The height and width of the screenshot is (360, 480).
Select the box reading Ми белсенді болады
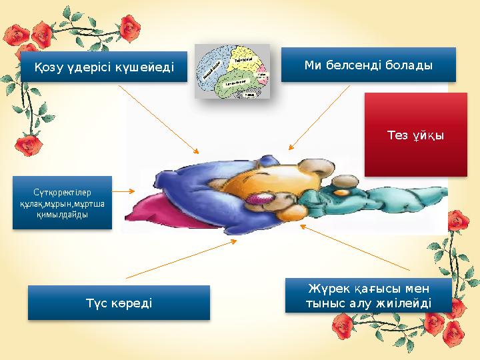pyautogui.click(x=368, y=65)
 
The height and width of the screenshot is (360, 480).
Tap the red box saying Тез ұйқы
pyautogui.click(x=415, y=135)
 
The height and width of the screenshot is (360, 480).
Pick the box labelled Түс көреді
pyautogui.click(x=119, y=303)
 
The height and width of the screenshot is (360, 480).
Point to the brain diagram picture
pyautogui.click(x=232, y=71)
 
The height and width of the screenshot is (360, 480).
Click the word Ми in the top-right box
pyautogui.click(x=313, y=65)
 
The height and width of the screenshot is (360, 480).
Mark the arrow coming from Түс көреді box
pyautogui.click(x=180, y=259)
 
